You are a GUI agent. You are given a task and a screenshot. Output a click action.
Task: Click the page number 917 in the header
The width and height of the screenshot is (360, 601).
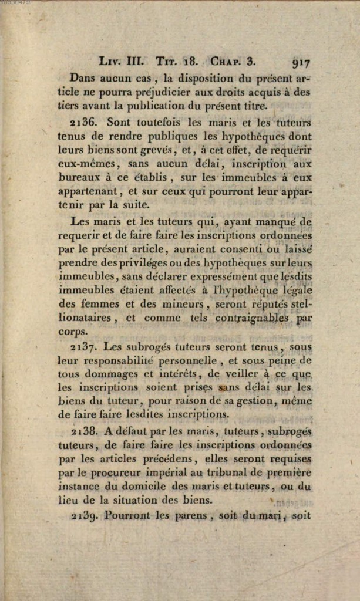tap(300, 61)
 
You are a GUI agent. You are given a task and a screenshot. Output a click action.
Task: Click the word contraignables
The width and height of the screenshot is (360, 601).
tap(253, 318)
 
